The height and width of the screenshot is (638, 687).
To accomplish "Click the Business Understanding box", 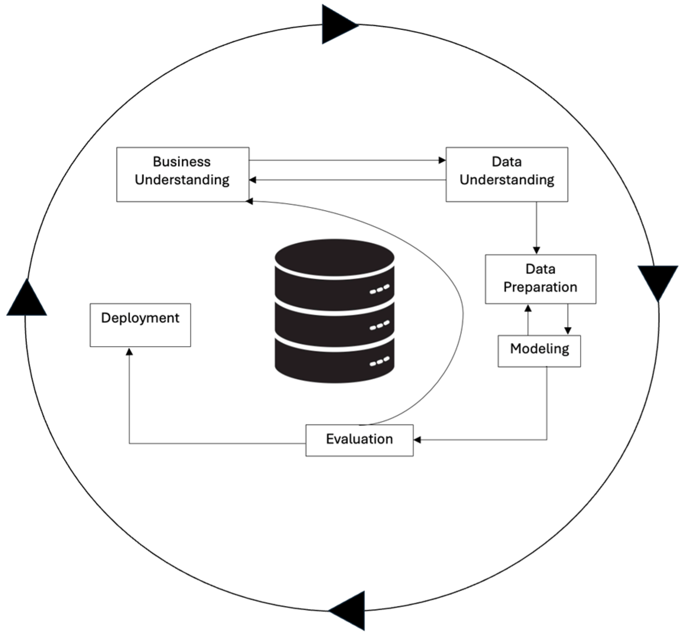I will tap(182, 174).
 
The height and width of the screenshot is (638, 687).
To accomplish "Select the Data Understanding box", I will tap(506, 174).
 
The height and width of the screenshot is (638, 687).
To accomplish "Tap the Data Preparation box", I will tap(540, 279).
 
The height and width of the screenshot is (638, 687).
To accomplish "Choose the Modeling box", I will tap(539, 351).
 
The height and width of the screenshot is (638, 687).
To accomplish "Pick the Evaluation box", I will tap(359, 440).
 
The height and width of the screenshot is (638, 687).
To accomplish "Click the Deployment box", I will tap(140, 325).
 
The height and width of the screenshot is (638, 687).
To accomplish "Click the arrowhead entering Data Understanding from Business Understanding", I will tap(442, 160).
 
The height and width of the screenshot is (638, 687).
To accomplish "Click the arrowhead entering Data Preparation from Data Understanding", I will tap(536, 250).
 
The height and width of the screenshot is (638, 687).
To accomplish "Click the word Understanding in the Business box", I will tap(182, 180).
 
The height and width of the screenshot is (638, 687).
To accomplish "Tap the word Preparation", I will tap(540, 287).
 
